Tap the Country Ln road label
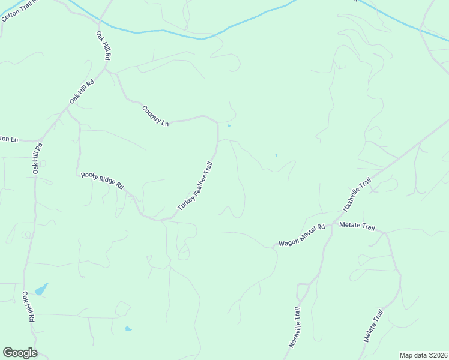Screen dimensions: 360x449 tap(155, 116)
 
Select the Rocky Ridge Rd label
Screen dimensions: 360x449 tap(102, 181)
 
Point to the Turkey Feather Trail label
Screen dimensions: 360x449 tap(195, 186)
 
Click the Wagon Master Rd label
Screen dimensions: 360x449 tap(301, 235)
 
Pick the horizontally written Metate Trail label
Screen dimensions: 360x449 tap(357, 227)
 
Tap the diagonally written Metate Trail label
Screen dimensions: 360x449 tap(373, 326)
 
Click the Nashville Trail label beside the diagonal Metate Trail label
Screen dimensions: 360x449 tap(294, 328)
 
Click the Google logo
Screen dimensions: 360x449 tap(20, 353)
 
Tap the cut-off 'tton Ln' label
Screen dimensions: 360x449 tap(9, 139)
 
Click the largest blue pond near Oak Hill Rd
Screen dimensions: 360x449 tap(41, 289)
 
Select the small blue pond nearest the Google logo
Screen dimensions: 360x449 tap(128, 329)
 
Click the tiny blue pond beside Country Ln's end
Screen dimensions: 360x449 tap(229, 126)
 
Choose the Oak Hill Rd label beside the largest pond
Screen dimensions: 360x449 tap(28, 307)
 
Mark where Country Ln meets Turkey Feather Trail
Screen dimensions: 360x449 tap(217, 122)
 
